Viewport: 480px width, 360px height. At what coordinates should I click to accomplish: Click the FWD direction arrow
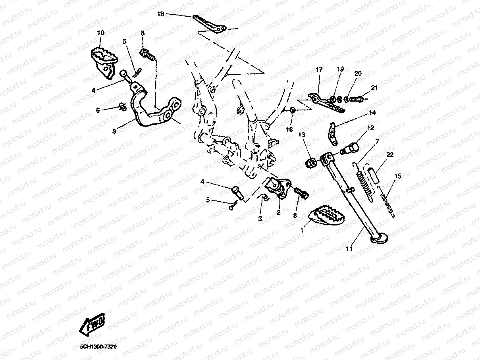coord(92,324)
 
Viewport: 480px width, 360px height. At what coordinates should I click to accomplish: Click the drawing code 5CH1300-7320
coord(98,347)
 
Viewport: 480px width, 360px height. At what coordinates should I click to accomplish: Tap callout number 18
coord(160,14)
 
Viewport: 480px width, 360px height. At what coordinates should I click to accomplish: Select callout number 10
coord(101,33)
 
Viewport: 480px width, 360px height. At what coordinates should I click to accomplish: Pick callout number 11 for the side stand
coord(349,249)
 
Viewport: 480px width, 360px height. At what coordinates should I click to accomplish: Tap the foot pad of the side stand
coord(380,238)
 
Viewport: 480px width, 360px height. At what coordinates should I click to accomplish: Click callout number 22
coord(390,155)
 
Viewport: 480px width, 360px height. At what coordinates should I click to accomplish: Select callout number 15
coord(398,176)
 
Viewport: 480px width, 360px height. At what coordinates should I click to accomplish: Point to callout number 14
coord(372,113)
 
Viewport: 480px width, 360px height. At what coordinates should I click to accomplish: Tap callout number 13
coord(302,135)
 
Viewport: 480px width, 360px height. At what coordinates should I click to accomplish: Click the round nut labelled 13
coord(310,163)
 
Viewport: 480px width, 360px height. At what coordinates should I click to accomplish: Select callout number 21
coord(374,88)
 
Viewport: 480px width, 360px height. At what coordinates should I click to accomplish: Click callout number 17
coord(319,70)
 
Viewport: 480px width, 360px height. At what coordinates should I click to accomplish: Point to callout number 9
coord(114,131)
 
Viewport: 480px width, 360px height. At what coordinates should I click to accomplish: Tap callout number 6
coord(98,110)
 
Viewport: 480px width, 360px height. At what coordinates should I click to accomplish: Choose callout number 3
coord(260,218)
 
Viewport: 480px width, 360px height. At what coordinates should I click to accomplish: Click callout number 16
coord(289,130)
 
